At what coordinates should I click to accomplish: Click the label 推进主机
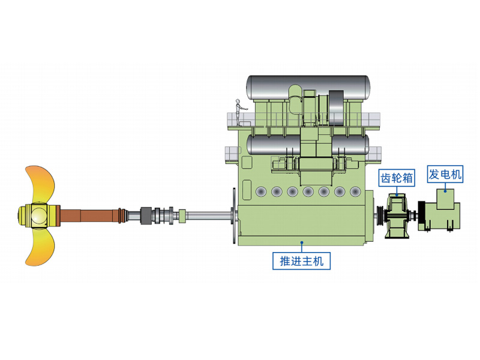(301, 261)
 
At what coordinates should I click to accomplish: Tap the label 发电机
(445, 175)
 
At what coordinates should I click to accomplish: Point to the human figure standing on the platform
(238, 112)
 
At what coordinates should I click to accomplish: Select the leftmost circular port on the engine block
(260, 192)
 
